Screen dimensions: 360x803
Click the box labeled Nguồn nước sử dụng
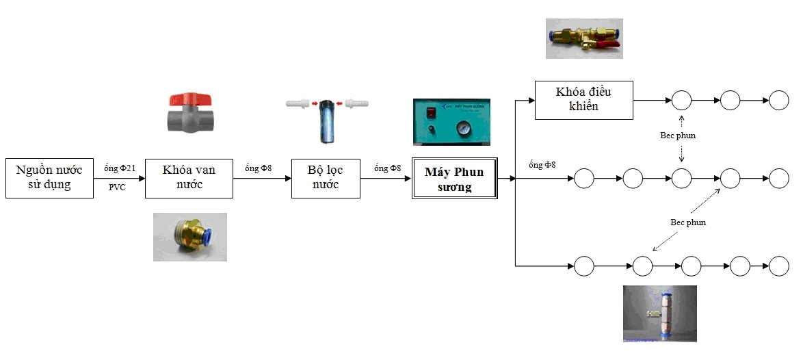49,179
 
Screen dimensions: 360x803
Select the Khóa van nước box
189,179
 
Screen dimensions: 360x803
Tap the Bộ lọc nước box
326,179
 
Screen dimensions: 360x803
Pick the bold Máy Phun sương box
454,179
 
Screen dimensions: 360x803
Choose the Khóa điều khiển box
583,100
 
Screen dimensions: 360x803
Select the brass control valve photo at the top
583,38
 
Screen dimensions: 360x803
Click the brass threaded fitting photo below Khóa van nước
189,237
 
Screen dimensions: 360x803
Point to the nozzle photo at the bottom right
659,313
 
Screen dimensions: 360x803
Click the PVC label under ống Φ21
117,187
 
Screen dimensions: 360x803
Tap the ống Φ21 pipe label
120,168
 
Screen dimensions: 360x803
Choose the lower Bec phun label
687,222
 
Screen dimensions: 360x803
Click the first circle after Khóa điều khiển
682,100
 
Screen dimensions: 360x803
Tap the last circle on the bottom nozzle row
779,266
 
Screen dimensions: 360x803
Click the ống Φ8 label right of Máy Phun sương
542,165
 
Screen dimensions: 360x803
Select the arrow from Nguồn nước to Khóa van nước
120,179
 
